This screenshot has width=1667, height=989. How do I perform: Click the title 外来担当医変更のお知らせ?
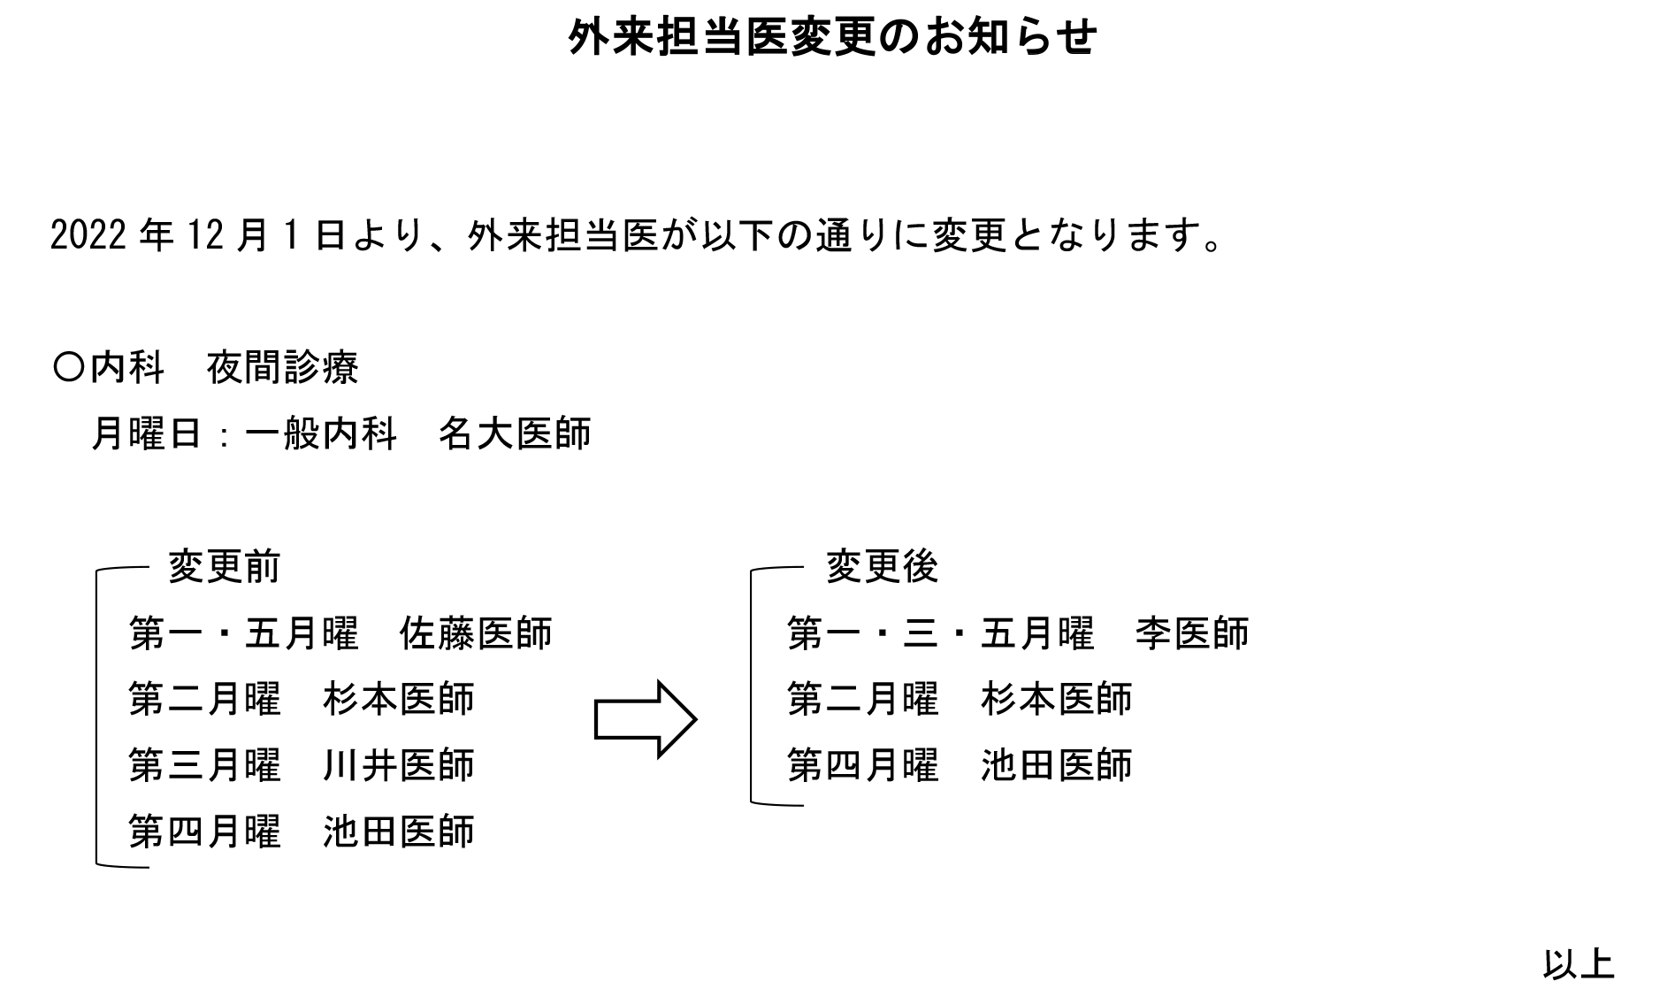click(833, 37)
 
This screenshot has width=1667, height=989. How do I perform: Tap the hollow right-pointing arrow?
click(646, 719)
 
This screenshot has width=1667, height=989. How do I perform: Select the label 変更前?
click(225, 567)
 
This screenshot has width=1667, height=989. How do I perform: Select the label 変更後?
click(882, 567)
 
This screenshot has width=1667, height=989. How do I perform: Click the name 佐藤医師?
click(476, 633)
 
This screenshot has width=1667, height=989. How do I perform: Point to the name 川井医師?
click(399, 765)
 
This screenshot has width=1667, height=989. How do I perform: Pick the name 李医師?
click(1192, 633)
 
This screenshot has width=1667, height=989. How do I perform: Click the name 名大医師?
click(515, 433)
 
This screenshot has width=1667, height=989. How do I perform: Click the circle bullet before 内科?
click(68, 367)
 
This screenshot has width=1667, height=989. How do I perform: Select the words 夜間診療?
click(283, 367)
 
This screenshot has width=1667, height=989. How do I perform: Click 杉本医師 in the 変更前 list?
click(399, 699)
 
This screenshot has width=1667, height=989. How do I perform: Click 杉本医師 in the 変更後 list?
click(1057, 699)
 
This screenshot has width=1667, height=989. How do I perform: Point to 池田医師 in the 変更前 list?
click(399, 832)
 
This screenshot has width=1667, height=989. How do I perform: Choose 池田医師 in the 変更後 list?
click(1057, 765)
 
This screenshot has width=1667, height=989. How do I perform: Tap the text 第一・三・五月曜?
click(941, 633)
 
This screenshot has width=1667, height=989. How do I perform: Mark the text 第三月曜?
click(205, 765)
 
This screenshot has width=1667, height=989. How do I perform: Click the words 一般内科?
click(321, 433)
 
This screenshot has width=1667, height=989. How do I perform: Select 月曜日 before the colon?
click(148, 433)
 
